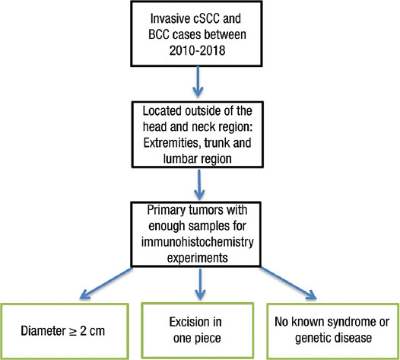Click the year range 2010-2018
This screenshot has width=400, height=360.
click(x=197, y=50)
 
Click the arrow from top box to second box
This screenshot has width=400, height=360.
click(x=198, y=81)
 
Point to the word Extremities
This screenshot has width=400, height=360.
click(x=169, y=143)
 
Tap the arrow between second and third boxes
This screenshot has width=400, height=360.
click(x=199, y=185)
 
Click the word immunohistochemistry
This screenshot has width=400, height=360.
click(x=198, y=242)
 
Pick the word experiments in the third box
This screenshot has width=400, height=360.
click(x=198, y=257)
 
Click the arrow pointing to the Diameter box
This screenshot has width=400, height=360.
click(x=106, y=283)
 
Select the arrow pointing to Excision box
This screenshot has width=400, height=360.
click(x=201, y=284)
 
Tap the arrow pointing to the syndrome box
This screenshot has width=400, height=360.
click(x=288, y=283)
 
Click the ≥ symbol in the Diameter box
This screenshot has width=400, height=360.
click(x=70, y=331)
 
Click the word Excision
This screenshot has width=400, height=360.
click(x=186, y=322)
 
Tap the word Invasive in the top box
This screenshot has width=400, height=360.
click(x=164, y=18)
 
